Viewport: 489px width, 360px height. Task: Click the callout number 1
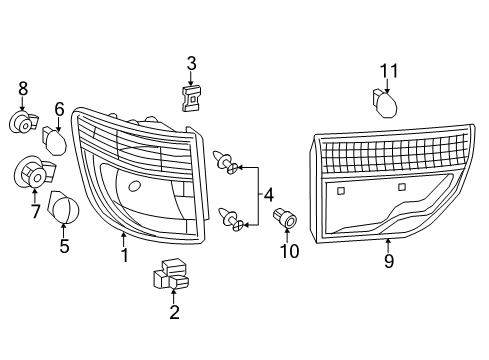click(124, 255)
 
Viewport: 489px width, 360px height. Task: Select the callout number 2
click(174, 312)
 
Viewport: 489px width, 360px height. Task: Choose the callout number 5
click(64, 244)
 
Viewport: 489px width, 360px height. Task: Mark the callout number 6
click(59, 108)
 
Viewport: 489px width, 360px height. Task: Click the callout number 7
click(35, 211)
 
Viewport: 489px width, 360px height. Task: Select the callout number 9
click(388, 261)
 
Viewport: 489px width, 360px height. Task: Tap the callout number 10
click(291, 250)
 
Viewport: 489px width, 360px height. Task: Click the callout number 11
click(389, 70)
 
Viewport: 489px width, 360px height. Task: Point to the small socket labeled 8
click(22, 123)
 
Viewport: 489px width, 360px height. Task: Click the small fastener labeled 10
click(290, 219)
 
